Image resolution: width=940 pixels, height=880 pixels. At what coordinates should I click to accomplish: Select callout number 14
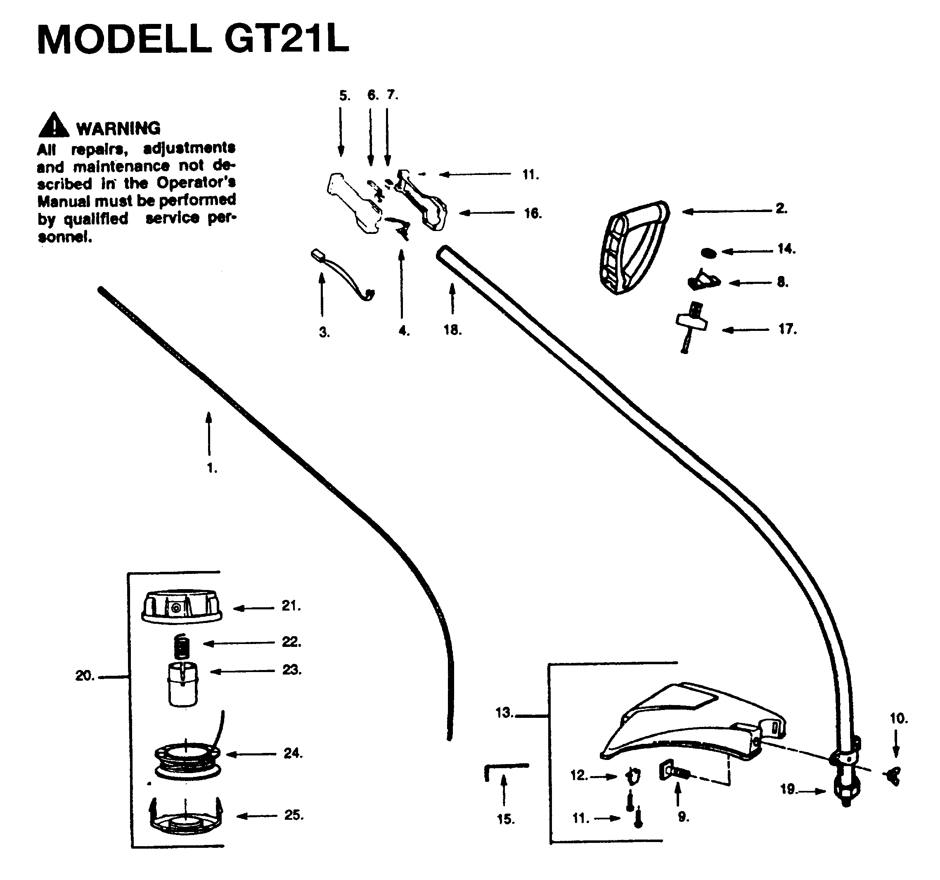click(x=787, y=249)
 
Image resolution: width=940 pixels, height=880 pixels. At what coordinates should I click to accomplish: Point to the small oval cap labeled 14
click(x=708, y=253)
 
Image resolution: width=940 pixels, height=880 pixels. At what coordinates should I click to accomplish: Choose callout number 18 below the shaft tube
click(x=452, y=330)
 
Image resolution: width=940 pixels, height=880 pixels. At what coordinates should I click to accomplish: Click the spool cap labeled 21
click(x=182, y=606)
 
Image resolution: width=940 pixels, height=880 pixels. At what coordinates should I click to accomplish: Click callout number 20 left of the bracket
click(x=85, y=676)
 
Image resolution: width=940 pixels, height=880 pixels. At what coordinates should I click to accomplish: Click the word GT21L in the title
click(x=286, y=38)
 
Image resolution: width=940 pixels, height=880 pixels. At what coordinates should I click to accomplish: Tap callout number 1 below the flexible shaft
click(x=212, y=468)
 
